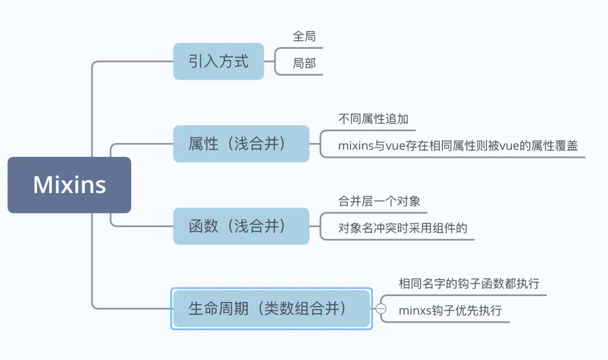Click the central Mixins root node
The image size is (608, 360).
point(69,185)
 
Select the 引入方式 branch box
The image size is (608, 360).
point(218,61)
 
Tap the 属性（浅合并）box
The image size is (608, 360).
point(241,144)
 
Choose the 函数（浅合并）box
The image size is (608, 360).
point(241,226)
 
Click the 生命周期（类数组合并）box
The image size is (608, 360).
point(272,309)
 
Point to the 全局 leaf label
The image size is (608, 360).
point(304,37)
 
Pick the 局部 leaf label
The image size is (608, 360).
point(304,63)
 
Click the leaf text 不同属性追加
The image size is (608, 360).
point(373,119)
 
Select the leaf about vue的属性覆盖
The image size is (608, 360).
point(458,146)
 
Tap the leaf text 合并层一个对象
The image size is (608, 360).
point(379,201)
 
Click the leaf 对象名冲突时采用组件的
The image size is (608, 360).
point(402,228)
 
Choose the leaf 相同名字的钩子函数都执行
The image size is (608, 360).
point(469,283)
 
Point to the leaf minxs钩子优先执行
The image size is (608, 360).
point(450,310)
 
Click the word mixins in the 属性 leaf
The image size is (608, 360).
point(355,146)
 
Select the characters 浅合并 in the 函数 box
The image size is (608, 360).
point(257,226)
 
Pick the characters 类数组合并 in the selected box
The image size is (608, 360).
point(302,309)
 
